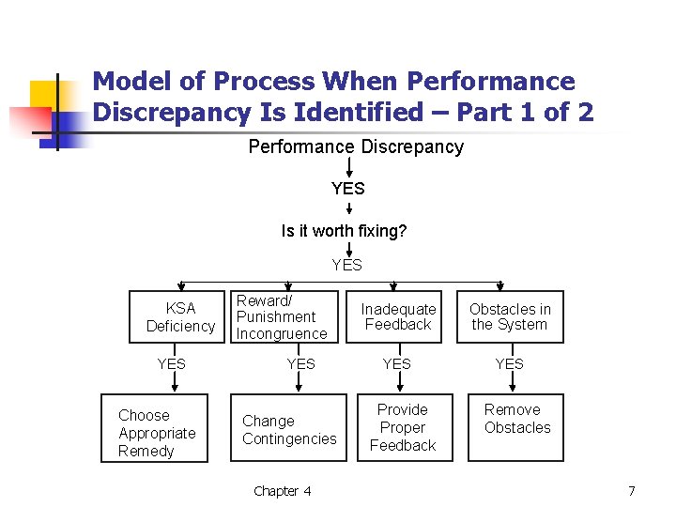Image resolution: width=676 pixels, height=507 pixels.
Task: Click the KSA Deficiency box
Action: click(180, 317)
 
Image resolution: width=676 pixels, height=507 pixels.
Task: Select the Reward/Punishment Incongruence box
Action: click(282, 317)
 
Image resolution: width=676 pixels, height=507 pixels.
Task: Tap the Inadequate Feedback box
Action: click(398, 317)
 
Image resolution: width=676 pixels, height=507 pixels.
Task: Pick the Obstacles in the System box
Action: click(510, 317)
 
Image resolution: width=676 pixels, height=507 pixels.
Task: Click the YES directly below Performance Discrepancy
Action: click(347, 189)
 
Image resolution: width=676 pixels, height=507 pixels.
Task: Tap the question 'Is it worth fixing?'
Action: click(344, 231)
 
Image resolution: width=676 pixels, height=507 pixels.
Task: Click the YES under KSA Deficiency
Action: click(171, 363)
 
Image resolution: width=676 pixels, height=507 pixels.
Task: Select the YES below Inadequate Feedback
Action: click(396, 363)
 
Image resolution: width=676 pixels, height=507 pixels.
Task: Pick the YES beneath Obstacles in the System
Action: click(509, 363)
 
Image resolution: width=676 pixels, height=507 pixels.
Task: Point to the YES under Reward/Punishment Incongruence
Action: click(300, 363)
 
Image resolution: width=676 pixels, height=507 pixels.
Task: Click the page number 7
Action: click(632, 491)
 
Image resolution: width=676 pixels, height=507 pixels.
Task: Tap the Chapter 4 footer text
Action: click(282, 491)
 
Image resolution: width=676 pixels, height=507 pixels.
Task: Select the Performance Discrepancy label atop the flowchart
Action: click(355, 147)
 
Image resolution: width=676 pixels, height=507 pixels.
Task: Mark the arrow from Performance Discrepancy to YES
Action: click(349, 168)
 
